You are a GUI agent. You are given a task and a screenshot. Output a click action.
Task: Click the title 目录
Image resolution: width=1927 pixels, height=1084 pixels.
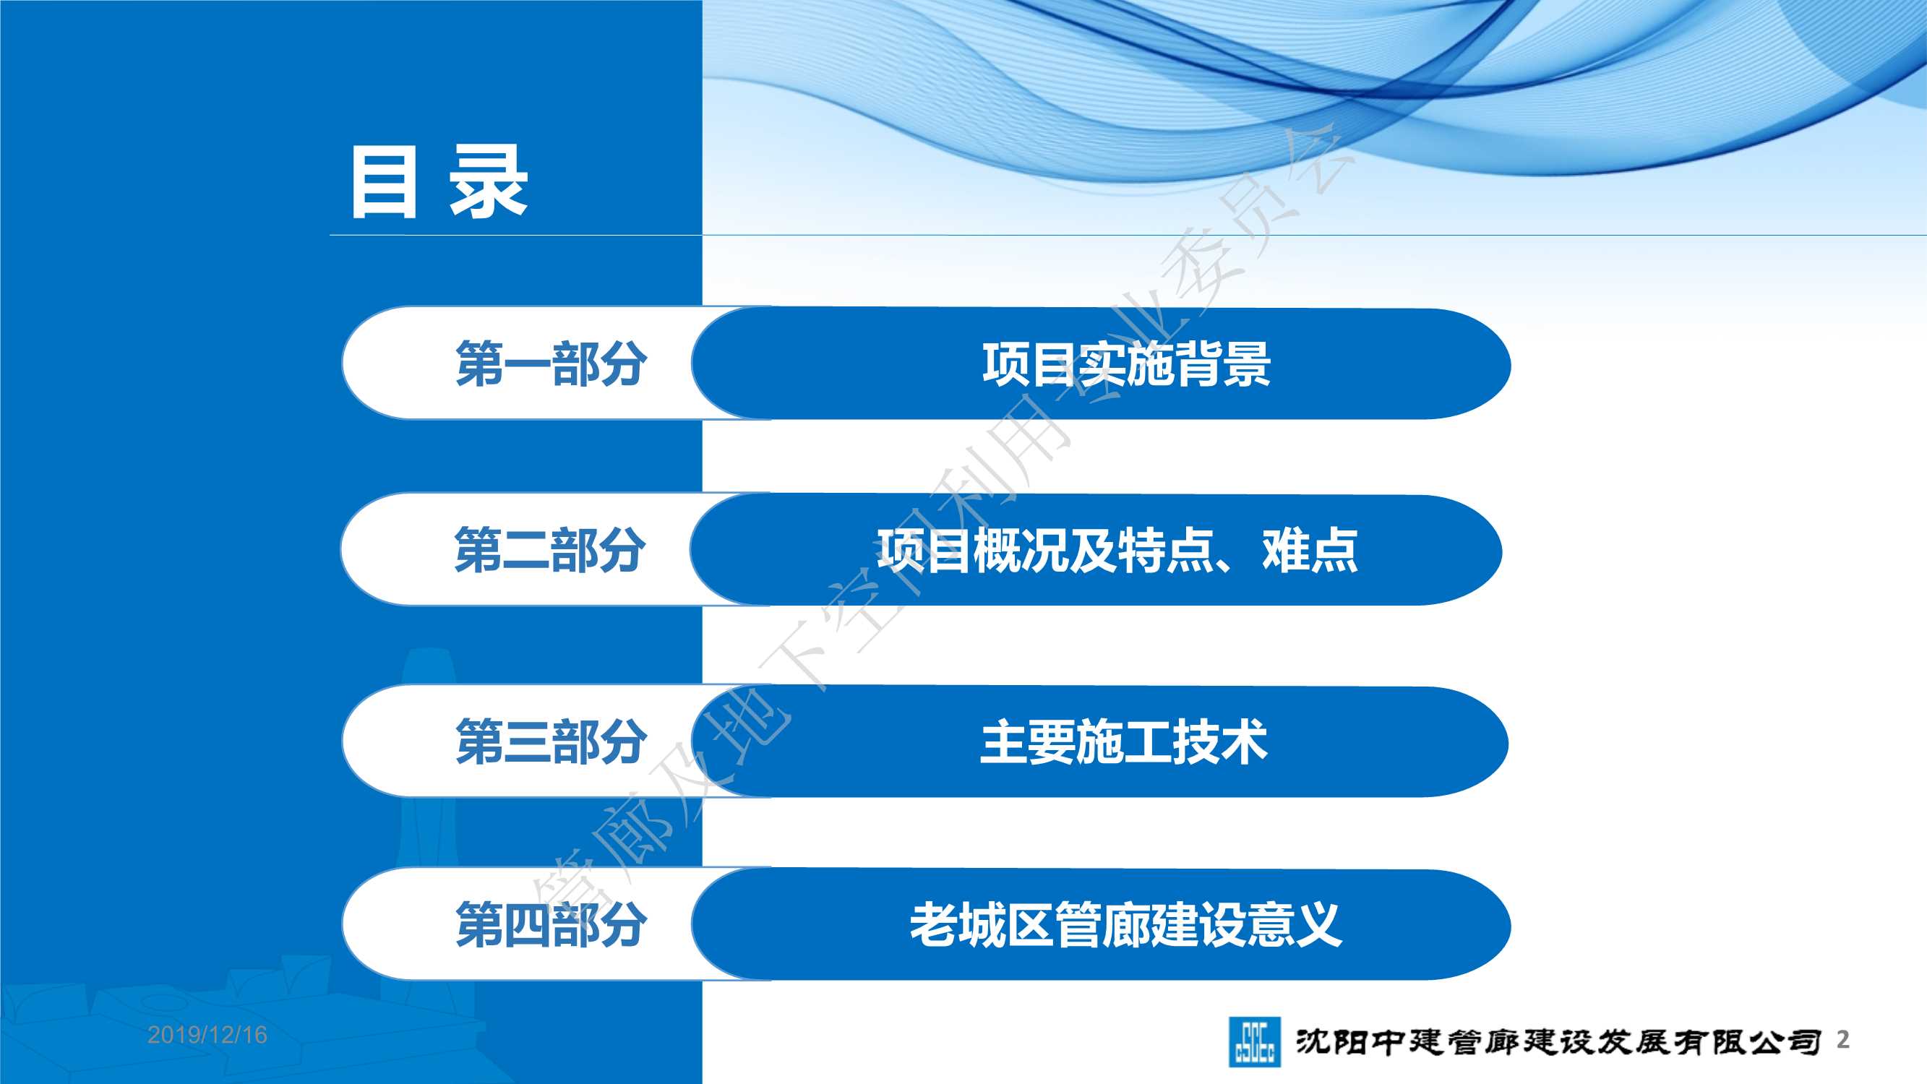440,182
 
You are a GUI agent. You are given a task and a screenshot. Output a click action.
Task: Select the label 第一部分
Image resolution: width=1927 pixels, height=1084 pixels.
552,364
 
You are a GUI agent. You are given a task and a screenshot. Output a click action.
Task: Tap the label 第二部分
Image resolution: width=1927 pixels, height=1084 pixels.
550,550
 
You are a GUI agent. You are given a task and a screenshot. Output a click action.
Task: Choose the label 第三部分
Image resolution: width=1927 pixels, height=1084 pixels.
552,741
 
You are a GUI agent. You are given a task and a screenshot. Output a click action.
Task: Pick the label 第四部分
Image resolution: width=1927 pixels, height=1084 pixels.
552,925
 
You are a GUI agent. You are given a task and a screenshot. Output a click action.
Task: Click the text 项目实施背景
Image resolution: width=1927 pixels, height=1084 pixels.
1127,364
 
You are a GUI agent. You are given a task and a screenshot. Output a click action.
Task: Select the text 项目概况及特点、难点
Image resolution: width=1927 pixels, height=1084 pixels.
1117,550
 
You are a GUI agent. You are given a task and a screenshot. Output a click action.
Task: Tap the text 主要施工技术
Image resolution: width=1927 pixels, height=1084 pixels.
1125,741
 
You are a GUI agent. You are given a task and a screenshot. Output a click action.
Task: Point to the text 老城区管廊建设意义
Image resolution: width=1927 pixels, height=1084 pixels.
1126,925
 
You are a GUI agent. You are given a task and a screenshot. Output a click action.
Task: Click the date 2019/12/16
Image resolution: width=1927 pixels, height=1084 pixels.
207,1035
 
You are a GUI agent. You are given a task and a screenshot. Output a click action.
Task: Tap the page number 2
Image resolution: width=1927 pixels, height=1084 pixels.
1843,1039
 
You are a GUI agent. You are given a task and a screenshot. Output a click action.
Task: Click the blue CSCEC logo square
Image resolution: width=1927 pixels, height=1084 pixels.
1255,1041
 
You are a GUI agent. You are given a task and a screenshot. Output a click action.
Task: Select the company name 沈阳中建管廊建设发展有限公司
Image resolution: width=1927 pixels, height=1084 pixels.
1558,1041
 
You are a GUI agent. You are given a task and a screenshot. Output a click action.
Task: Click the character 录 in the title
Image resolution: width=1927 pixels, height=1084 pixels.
488,182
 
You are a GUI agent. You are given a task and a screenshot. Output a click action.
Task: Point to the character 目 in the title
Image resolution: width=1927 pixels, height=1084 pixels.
384,182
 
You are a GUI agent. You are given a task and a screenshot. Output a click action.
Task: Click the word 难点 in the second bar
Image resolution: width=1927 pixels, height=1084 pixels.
1310,550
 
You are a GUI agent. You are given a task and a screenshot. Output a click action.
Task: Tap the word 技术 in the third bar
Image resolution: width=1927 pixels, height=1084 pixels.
1221,741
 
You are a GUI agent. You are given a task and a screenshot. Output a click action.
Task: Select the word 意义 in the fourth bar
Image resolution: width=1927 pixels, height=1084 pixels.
1294,925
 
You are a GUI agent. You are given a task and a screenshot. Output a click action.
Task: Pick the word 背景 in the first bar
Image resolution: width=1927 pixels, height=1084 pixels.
1223,364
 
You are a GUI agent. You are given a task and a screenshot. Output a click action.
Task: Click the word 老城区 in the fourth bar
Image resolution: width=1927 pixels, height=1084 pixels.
982,925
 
